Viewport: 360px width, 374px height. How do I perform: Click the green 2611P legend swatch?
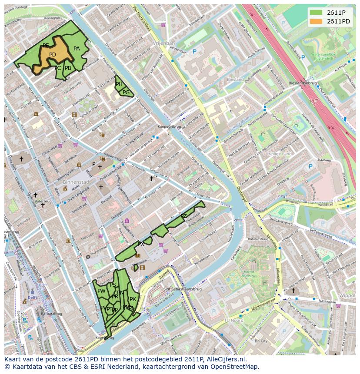tap(316, 12)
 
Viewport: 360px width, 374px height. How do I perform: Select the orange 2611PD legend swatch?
tap(316, 21)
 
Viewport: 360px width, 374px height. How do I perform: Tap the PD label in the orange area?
tap(53, 55)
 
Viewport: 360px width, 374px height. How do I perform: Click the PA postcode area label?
tap(77, 49)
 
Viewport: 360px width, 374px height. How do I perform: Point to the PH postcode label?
tap(119, 84)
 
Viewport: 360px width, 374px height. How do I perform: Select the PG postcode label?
tap(126, 92)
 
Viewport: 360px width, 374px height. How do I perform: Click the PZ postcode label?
tap(183, 216)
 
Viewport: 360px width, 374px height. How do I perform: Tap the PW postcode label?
tap(101, 291)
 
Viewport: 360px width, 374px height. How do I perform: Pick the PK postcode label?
tap(133, 299)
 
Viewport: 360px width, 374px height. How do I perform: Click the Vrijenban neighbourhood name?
tap(163, 44)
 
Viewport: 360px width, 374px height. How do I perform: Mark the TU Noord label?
tap(232, 320)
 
